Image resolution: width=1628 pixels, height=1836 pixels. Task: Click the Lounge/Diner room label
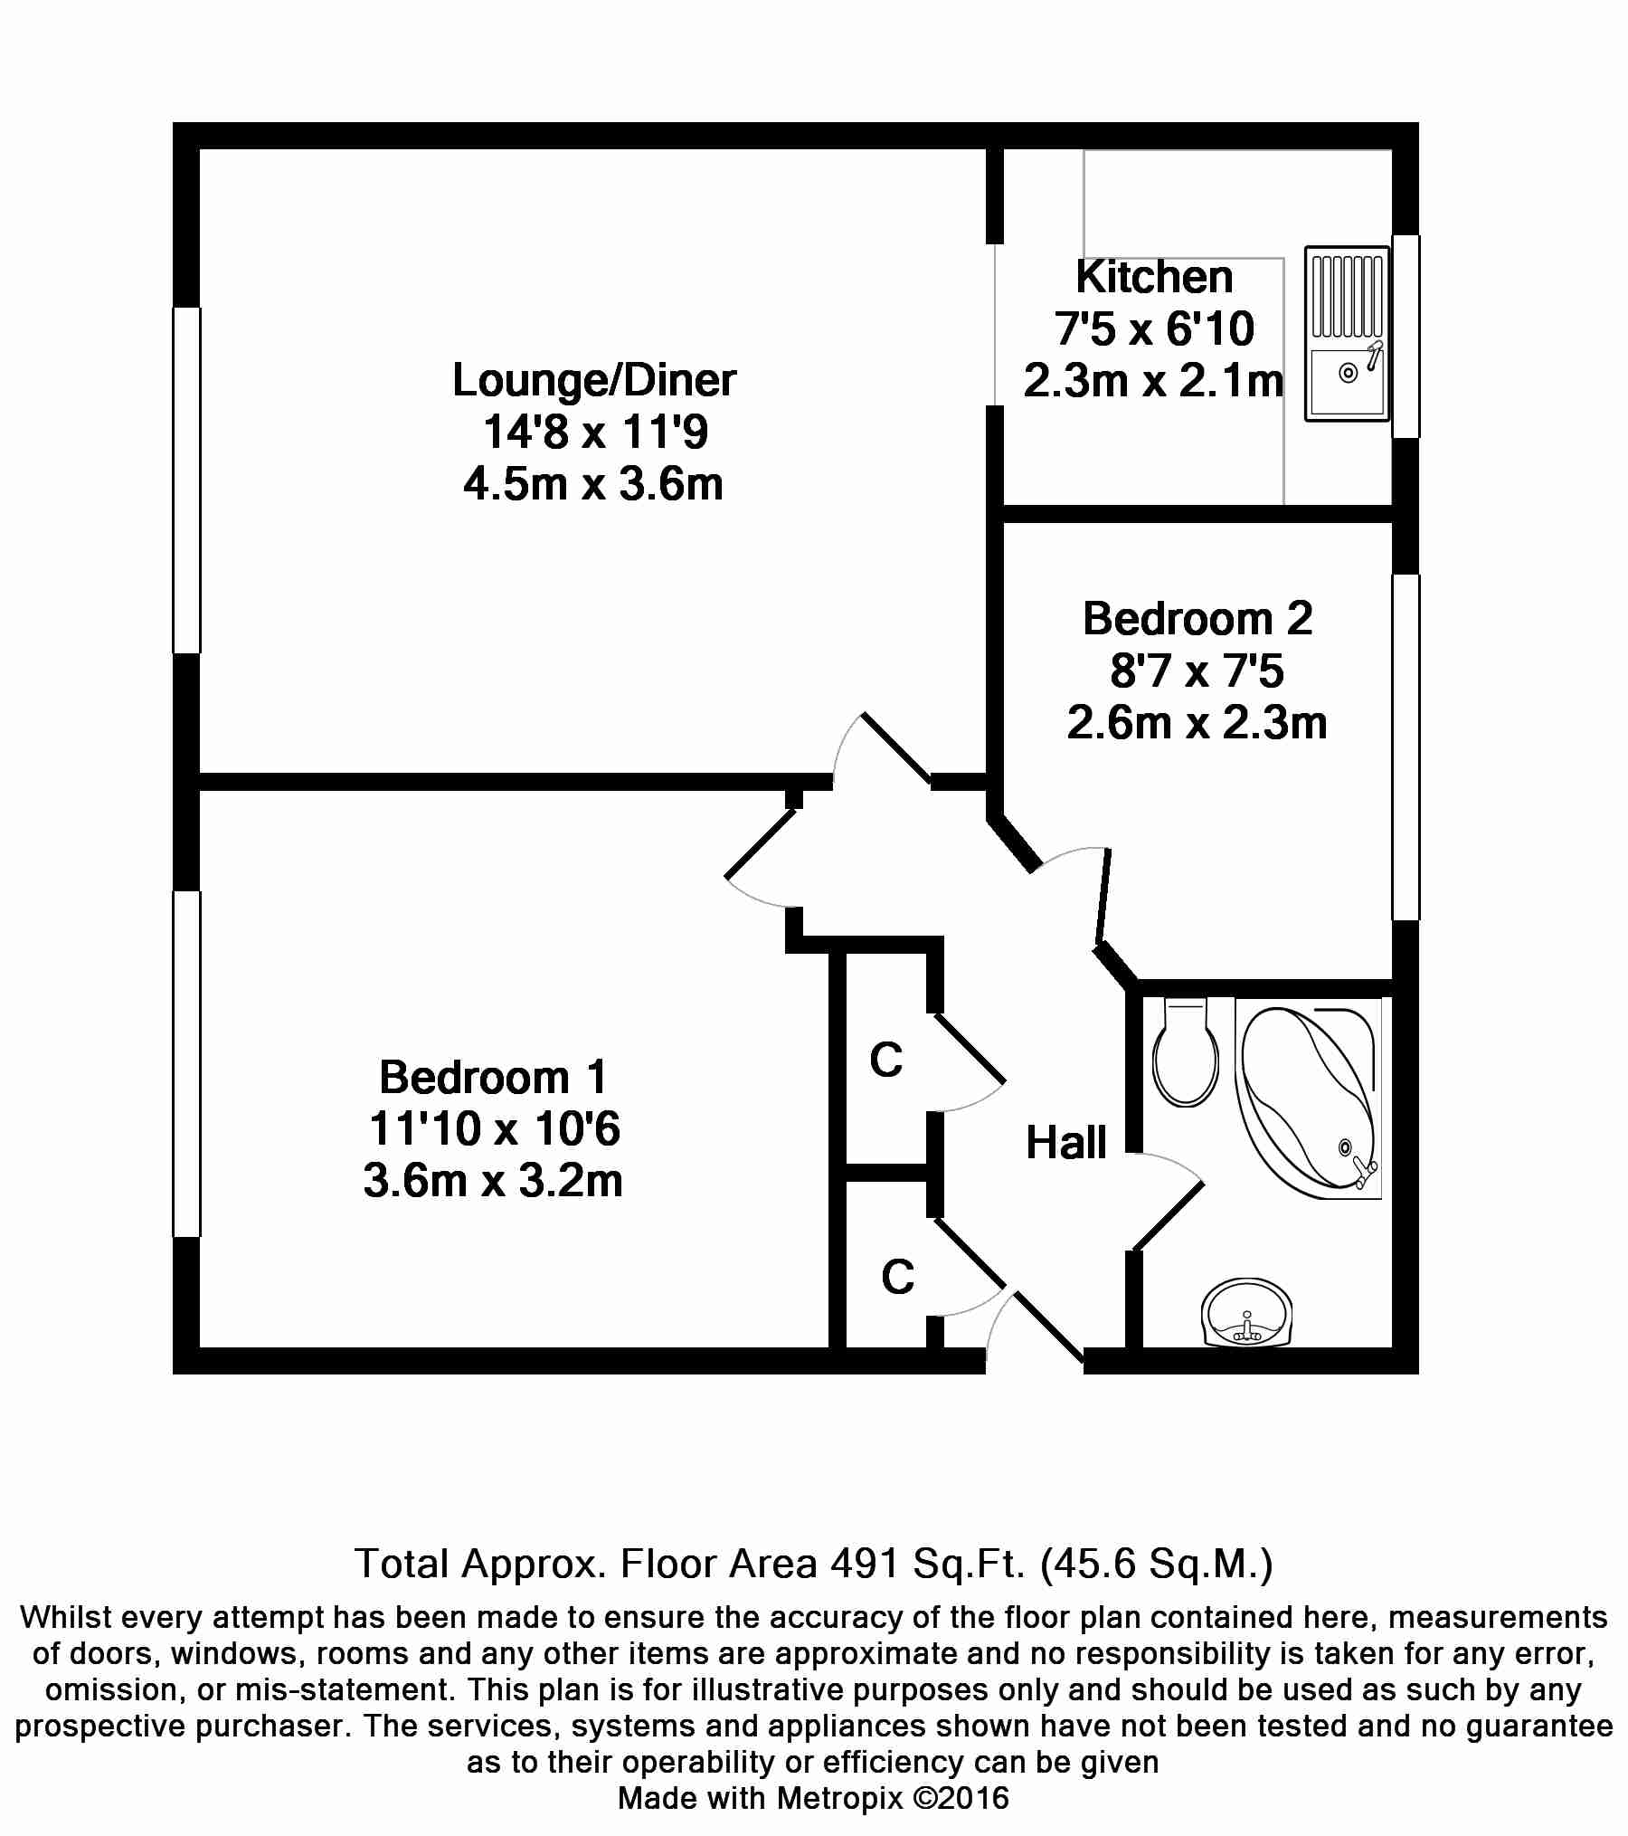click(x=594, y=380)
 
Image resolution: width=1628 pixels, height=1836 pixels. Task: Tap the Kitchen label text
click(x=1154, y=277)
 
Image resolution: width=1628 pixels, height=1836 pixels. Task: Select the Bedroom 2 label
click(x=1197, y=619)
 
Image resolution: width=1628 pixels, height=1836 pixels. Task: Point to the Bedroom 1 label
click(x=493, y=1077)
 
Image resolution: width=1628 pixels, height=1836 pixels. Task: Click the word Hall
click(x=1066, y=1142)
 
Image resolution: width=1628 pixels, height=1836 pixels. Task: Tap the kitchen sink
click(x=1347, y=334)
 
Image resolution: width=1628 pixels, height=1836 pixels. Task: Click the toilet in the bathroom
click(x=1187, y=1051)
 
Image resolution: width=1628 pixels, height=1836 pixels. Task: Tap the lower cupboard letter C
click(x=897, y=1277)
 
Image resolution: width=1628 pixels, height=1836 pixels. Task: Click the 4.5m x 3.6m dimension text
click(x=593, y=485)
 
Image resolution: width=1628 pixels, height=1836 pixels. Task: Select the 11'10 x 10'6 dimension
click(x=494, y=1129)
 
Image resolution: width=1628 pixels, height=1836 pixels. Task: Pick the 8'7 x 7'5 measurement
click(x=1197, y=671)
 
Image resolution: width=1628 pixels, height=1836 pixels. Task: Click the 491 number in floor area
click(x=863, y=1564)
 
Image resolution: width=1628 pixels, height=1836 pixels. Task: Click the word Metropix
click(x=839, y=1798)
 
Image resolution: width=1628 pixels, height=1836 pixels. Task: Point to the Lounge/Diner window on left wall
click(x=187, y=480)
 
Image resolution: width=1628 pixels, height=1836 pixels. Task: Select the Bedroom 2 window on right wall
click(x=1406, y=747)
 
